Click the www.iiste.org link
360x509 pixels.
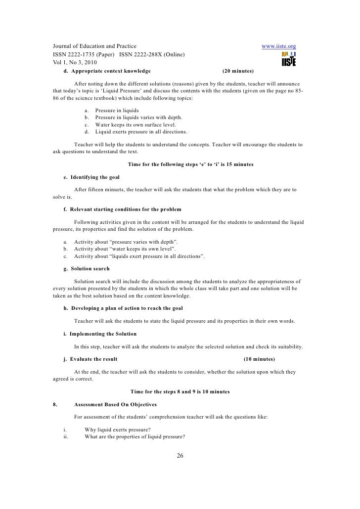pos(278,46)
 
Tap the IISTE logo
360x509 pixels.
pos(288,59)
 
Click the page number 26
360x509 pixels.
pos(180,456)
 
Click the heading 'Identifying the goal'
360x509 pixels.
pos(95,177)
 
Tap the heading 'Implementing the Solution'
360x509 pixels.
pos(103,334)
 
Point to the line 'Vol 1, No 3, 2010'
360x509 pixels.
pos(75,62)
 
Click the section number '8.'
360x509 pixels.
pos(56,404)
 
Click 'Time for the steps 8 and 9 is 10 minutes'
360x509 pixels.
pos(180,391)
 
